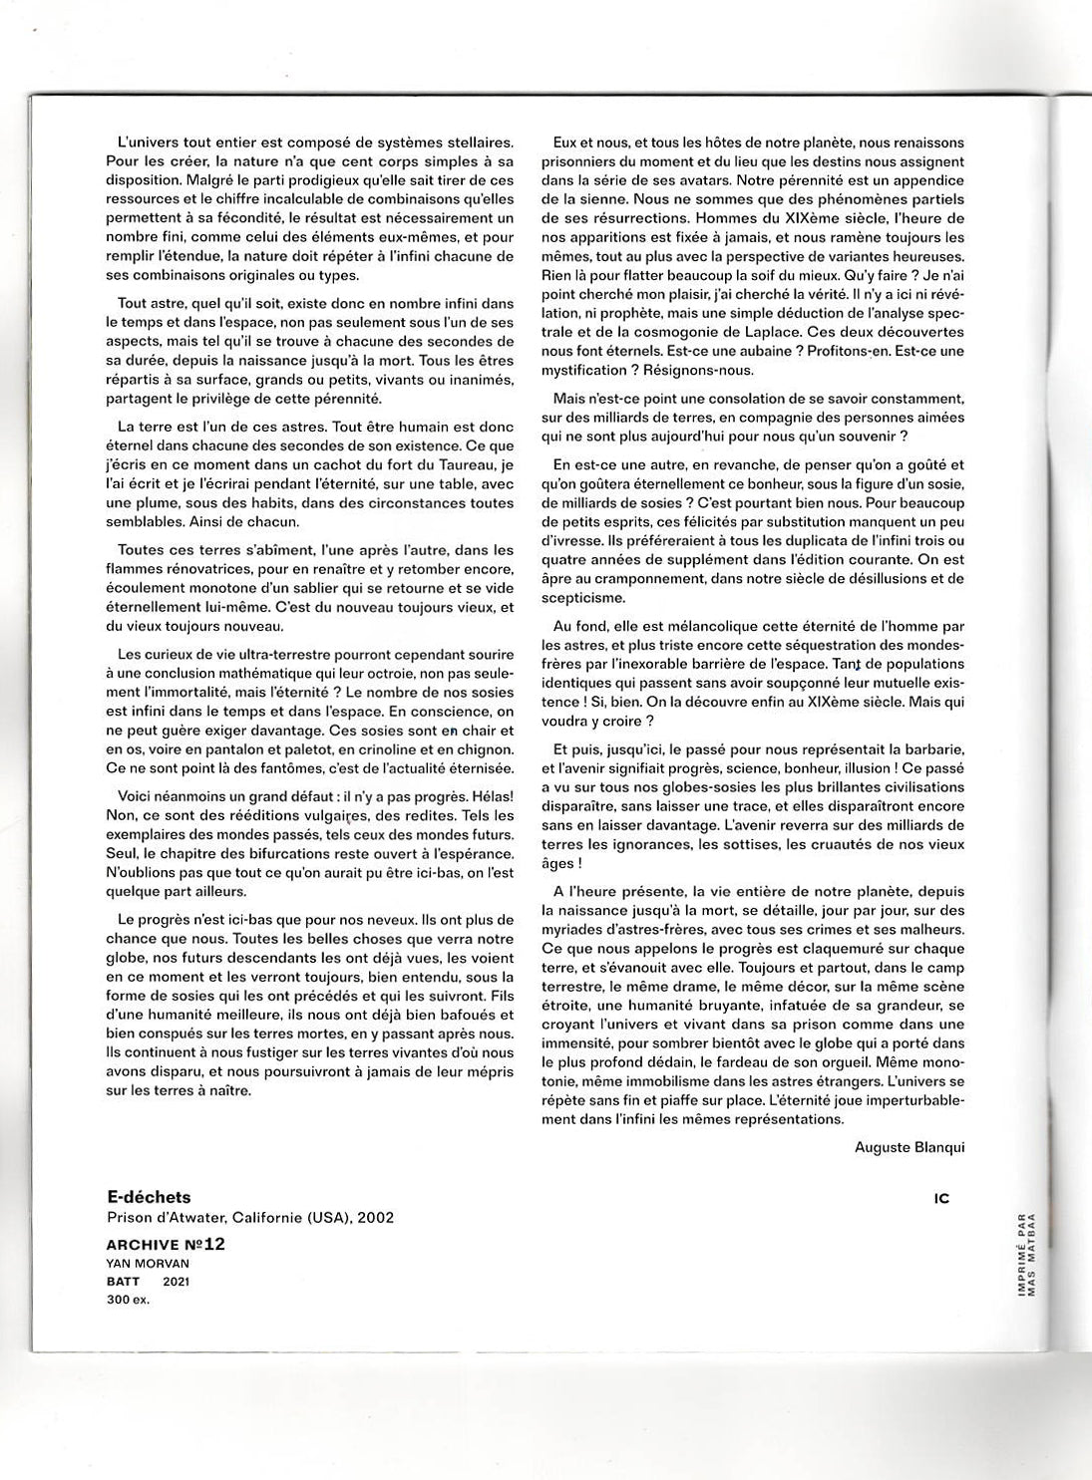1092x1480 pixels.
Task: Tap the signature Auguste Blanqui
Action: click(910, 1147)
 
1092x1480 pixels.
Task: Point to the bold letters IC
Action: click(942, 1199)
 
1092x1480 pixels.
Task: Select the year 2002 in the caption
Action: click(375, 1217)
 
